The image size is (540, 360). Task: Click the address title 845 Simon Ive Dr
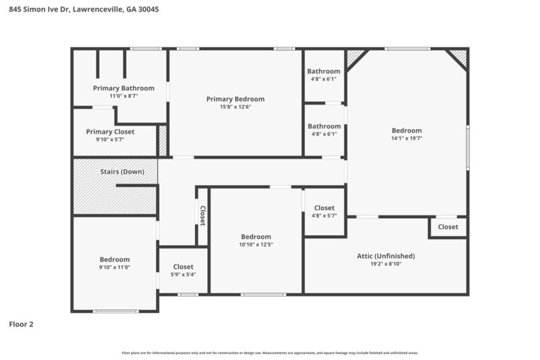point(84,10)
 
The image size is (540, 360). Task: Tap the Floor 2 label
point(21,324)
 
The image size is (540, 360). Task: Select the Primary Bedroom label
point(235,99)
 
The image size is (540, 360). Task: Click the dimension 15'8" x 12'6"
point(235,107)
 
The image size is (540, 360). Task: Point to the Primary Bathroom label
point(124,88)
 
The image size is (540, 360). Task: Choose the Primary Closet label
point(110,131)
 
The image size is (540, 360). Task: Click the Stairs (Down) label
point(122,172)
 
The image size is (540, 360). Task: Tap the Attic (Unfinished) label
point(385,256)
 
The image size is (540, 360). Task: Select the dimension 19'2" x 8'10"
point(385,264)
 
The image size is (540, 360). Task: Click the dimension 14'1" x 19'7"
point(406,138)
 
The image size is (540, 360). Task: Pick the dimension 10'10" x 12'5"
point(256,245)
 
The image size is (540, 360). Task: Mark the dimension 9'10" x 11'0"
point(115,267)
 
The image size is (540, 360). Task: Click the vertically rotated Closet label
point(202,215)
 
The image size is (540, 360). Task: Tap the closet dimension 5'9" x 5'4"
point(183,275)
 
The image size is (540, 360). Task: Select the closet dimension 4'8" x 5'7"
point(324,216)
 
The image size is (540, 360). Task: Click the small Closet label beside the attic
point(448,227)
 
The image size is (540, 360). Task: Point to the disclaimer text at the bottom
point(270,353)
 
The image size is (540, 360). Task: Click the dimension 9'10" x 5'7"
point(110,139)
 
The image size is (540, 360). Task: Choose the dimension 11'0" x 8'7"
point(124,96)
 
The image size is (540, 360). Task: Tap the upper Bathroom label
point(324,71)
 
